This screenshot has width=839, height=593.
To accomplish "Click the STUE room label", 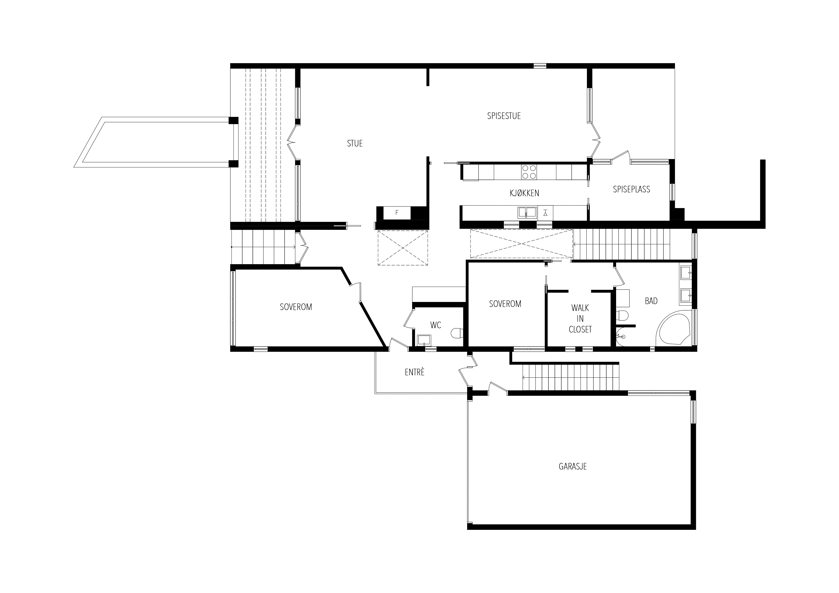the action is [x=355, y=143].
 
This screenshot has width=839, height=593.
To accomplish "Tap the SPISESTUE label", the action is [x=504, y=116].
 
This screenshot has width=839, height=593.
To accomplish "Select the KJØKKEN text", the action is [x=524, y=193].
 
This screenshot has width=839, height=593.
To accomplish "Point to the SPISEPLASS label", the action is [x=631, y=189].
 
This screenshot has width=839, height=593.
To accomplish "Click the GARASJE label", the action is [x=573, y=466].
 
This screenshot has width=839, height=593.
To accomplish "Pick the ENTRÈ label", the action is [x=415, y=372].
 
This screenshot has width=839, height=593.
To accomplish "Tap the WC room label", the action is [x=436, y=325].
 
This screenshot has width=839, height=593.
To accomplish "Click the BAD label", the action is [x=651, y=301].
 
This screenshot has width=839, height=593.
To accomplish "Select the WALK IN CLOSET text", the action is [x=580, y=318].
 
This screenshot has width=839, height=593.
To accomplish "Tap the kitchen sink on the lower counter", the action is [x=527, y=212].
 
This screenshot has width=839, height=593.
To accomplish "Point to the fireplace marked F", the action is [x=397, y=213].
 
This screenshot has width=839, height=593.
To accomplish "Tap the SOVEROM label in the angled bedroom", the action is [x=296, y=307].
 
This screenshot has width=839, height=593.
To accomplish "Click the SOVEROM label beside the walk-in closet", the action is [x=505, y=304].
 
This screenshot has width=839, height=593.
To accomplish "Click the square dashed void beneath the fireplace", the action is [x=403, y=248].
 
